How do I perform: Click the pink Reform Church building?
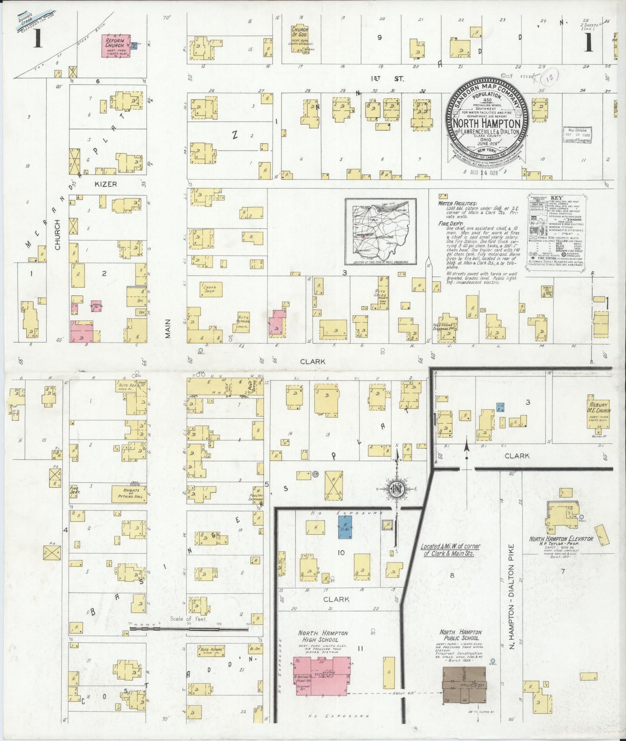(x=115, y=46)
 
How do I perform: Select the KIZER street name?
(x=106, y=184)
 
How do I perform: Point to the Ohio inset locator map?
(x=380, y=231)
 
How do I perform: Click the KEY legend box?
(x=556, y=231)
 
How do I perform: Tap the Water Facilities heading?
(x=457, y=203)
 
